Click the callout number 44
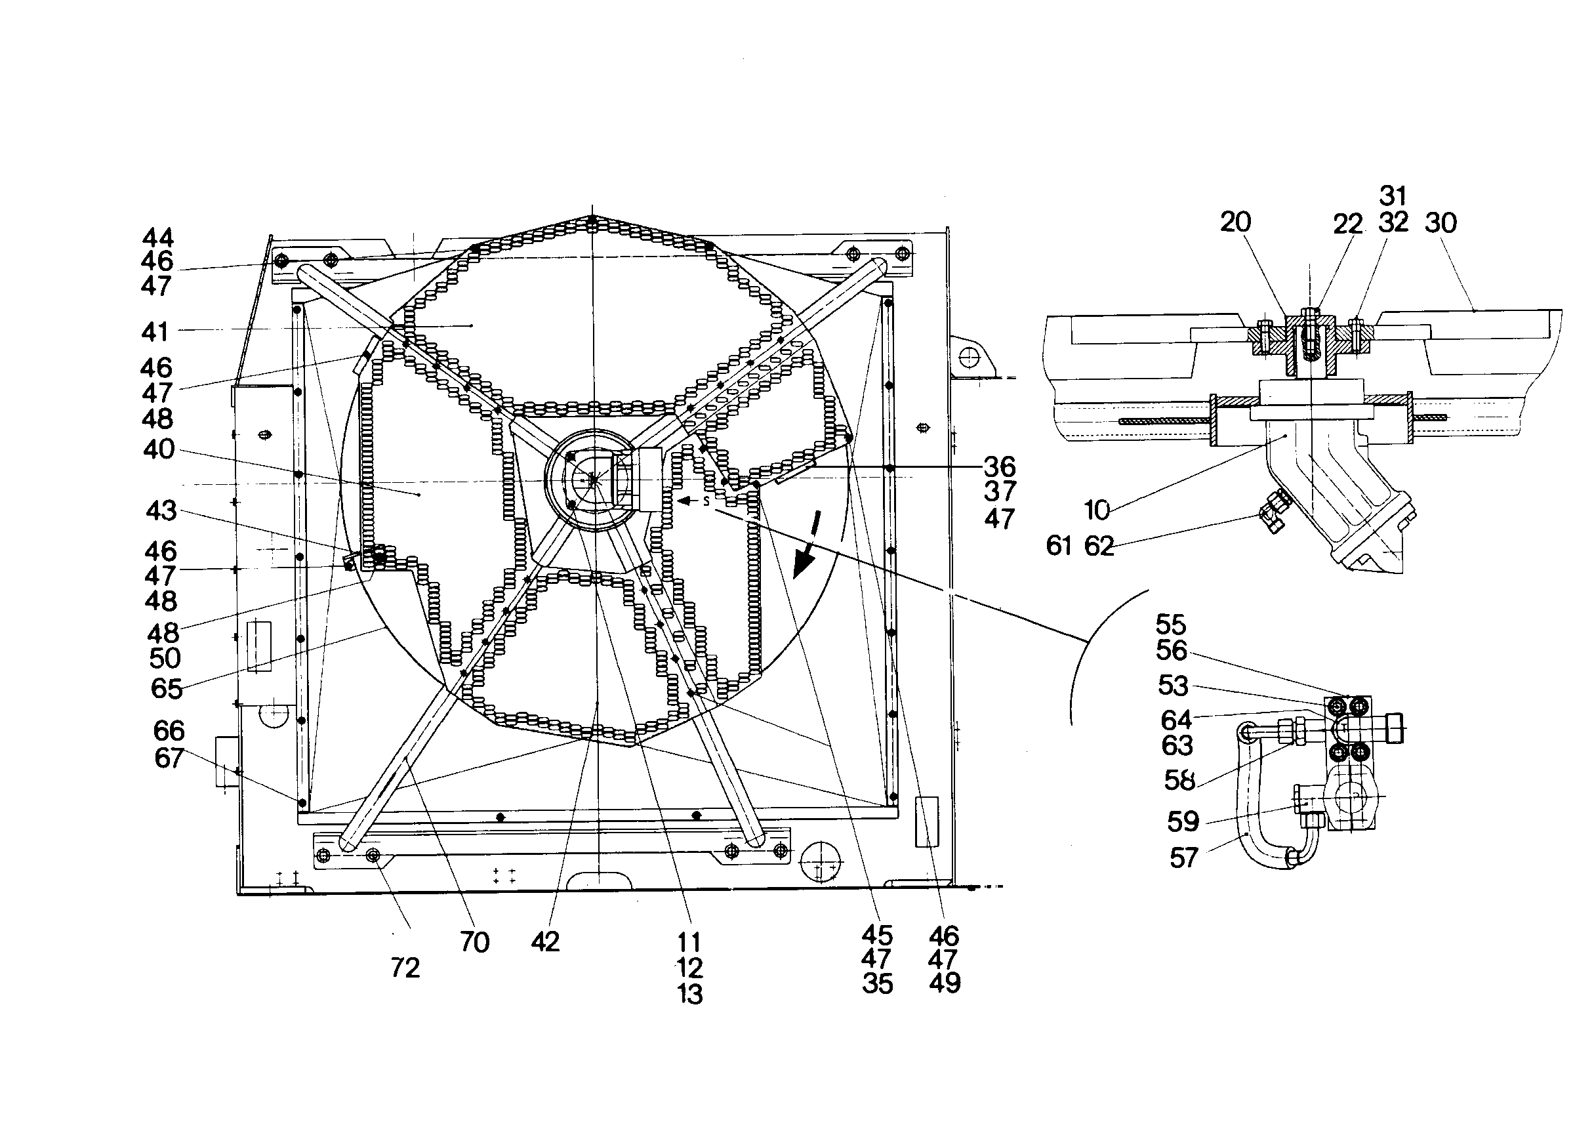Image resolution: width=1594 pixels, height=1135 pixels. [158, 237]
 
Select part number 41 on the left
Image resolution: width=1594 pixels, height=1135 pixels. [155, 331]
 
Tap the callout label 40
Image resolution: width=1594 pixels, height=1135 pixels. [159, 449]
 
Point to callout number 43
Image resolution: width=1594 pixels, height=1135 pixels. [161, 511]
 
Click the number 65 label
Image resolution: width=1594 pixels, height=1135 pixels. [167, 689]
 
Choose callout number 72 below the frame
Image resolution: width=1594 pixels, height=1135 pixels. [405, 968]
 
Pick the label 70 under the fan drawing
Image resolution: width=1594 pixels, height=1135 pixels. [474, 943]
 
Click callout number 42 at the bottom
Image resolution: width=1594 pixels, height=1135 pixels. [545, 942]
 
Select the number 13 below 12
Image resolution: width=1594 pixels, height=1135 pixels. [689, 994]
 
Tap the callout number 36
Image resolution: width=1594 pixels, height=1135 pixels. [999, 466]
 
